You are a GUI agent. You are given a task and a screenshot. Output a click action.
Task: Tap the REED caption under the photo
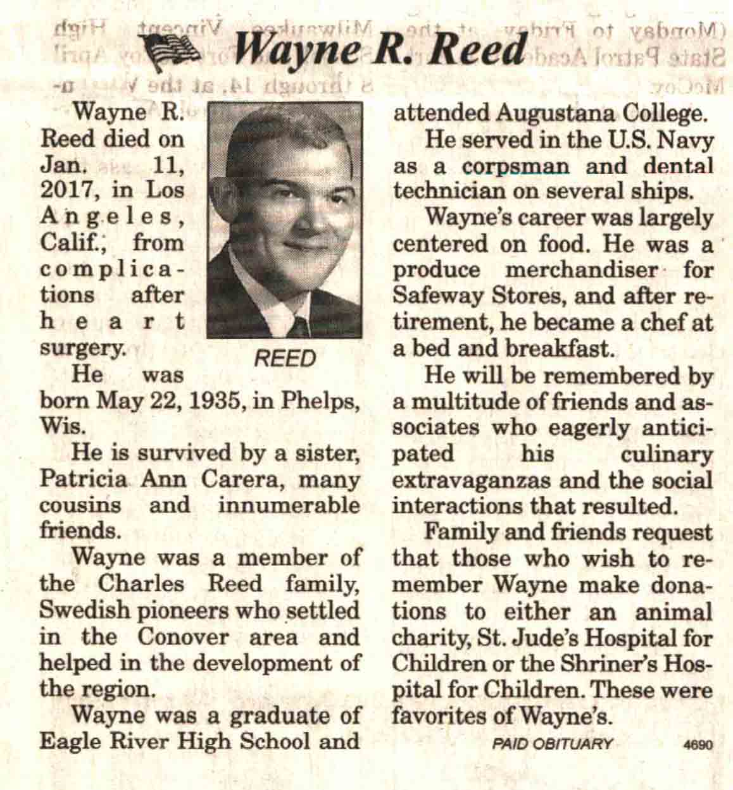[x=284, y=359]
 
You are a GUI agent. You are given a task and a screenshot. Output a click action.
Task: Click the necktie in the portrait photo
[x=298, y=326]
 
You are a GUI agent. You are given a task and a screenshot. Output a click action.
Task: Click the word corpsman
[x=516, y=166]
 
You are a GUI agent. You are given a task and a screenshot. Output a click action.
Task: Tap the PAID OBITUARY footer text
[x=553, y=744]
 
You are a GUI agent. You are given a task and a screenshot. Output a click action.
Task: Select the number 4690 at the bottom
[x=699, y=745]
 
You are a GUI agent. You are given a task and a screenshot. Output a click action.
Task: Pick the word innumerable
[x=289, y=505]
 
